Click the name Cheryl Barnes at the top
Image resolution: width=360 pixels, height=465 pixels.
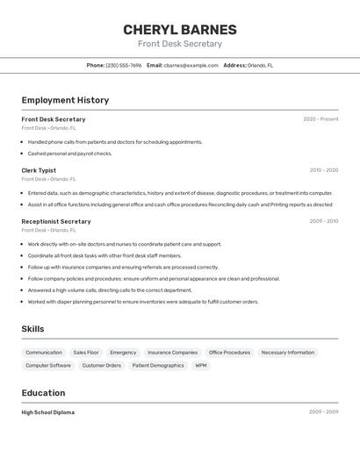pos(179,30)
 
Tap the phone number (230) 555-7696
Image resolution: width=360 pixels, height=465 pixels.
pos(123,65)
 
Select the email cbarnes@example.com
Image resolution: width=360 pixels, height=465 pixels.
pos(191,65)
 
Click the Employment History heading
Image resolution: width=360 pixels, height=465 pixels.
pos(65,100)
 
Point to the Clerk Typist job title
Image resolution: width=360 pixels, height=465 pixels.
pos(39,170)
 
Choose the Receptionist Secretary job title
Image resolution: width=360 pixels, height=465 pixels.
pos(56,221)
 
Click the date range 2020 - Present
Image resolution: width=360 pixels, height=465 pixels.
pos(320,119)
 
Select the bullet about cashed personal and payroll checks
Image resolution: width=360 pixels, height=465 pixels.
pos(70,154)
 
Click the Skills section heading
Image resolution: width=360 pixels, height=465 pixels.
pos(32,329)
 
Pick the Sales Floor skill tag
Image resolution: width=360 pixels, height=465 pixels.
pos(86,353)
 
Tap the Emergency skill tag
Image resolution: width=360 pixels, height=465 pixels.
pos(123,353)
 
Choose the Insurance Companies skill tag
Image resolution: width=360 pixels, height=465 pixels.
pos(172,353)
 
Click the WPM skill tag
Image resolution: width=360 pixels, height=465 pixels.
pos(201,365)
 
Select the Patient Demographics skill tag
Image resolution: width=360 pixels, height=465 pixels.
pos(158,365)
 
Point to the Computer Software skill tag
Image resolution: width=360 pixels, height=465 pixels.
pos(48,365)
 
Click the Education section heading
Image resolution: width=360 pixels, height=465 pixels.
pos(43,393)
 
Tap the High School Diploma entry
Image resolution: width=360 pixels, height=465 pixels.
pos(48,412)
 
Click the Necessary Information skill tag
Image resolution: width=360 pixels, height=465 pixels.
pos(287,353)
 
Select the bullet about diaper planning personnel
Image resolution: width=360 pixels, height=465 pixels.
pos(143,301)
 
